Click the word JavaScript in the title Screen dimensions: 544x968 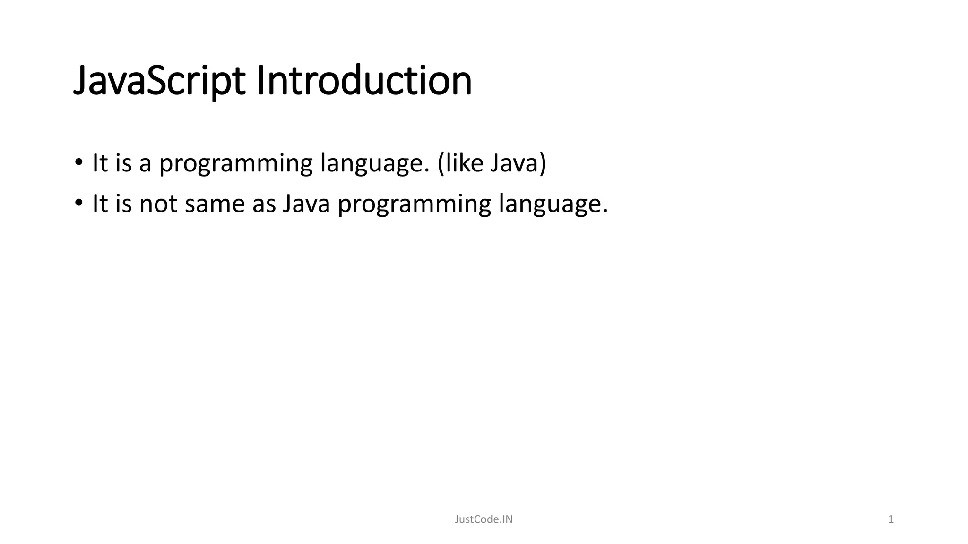tap(159, 81)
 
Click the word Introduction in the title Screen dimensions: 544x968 tap(364, 81)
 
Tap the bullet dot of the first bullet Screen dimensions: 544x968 tap(78, 163)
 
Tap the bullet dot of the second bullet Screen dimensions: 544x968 tap(78, 204)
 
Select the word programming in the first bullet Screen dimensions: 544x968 tap(236, 164)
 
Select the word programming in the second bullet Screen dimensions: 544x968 tap(415, 204)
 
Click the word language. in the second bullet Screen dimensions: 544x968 tap(553, 204)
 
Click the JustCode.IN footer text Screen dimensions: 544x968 tap(484, 519)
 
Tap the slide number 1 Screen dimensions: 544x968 tap(891, 519)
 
